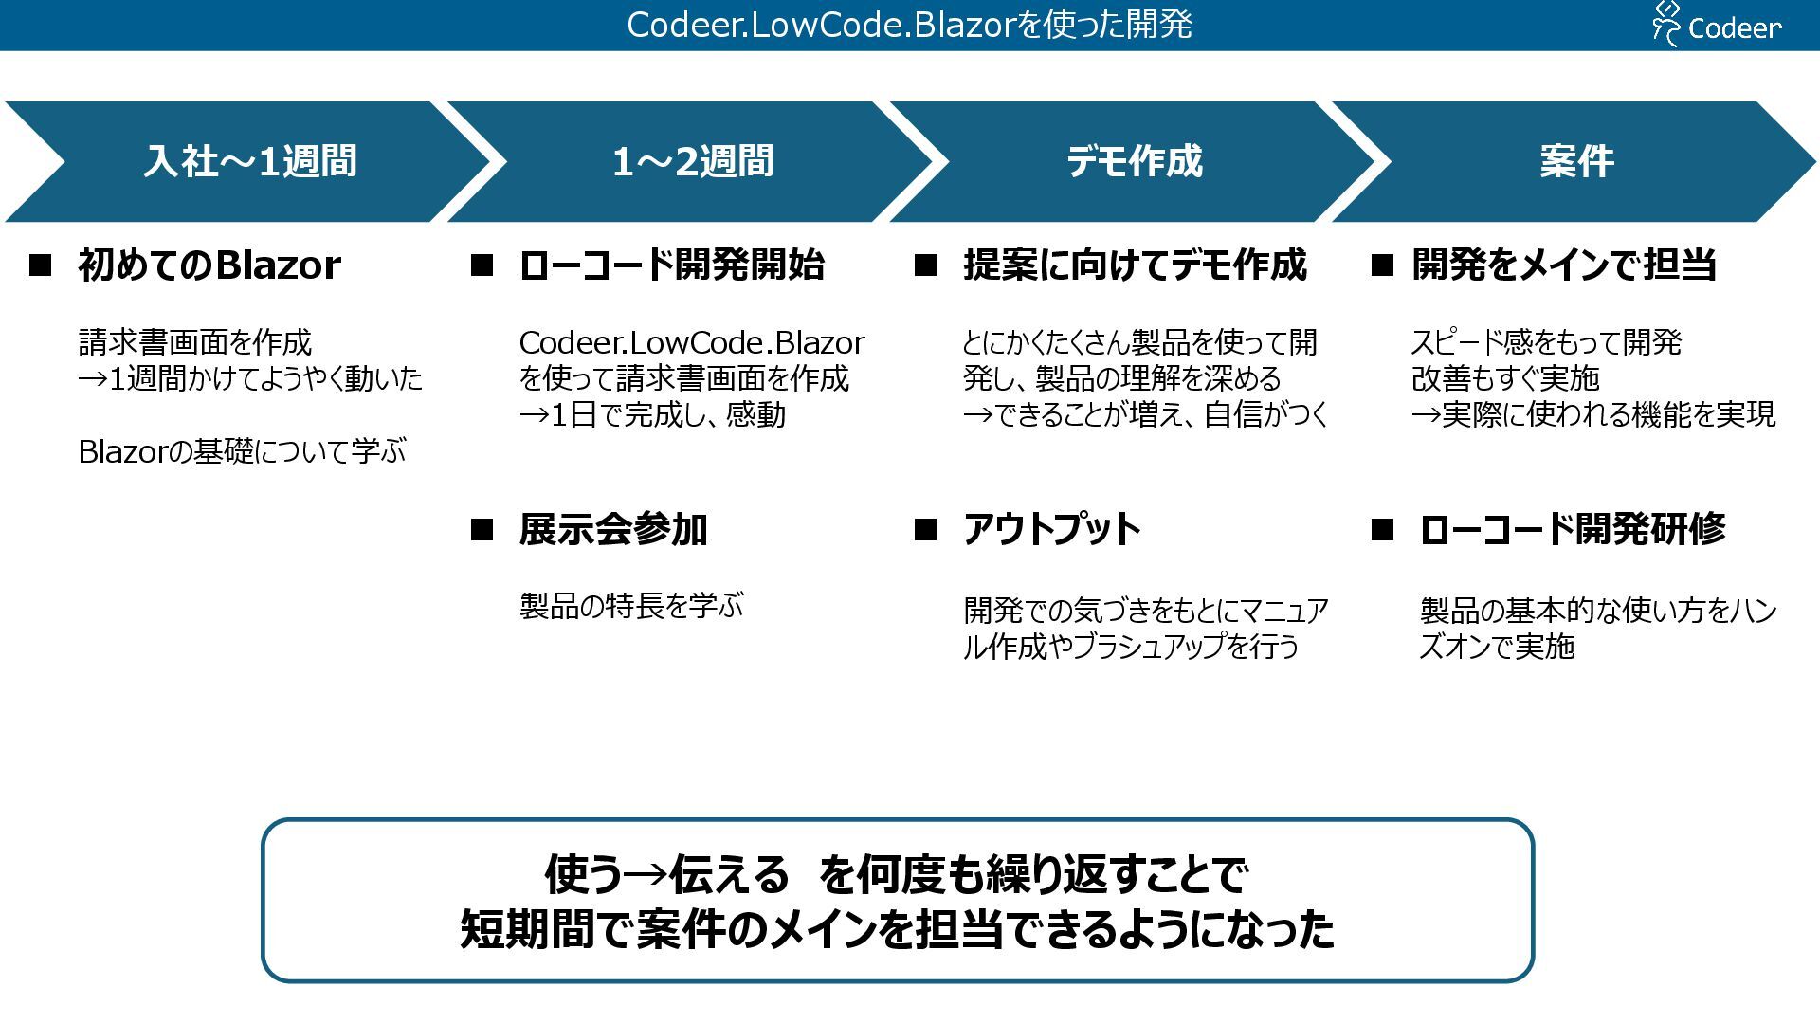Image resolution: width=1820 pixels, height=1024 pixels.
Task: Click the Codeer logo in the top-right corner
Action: [x=1717, y=25]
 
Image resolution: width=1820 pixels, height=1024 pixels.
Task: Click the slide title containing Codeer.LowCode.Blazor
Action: [x=909, y=25]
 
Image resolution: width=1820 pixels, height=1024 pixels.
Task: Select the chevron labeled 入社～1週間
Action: [x=249, y=161]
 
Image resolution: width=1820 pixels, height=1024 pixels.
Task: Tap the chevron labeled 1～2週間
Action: [x=693, y=161]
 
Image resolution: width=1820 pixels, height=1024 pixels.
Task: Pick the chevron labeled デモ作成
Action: [x=1134, y=161]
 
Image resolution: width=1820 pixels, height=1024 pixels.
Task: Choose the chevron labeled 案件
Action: [x=1576, y=161]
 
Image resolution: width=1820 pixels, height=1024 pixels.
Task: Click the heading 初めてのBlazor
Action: [x=209, y=265]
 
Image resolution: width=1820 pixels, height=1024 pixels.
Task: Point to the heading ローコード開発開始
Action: [x=672, y=265]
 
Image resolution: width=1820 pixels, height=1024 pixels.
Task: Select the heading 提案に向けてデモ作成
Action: [x=1135, y=265]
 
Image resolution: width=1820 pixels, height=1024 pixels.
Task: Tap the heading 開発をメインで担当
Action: [x=1564, y=265]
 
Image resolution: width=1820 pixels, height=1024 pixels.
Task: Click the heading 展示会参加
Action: [x=613, y=530]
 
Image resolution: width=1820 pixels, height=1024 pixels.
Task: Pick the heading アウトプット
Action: [x=1052, y=530]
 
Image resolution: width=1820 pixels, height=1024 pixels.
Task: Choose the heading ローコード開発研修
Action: [x=1573, y=530]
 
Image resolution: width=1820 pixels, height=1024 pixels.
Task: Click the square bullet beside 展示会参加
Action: [x=482, y=530]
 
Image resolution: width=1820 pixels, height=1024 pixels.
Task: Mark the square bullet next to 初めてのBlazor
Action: [x=41, y=265]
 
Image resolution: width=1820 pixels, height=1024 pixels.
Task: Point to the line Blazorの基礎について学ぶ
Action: [x=242, y=452]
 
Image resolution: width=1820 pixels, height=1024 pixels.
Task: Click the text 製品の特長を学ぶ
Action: [x=631, y=606]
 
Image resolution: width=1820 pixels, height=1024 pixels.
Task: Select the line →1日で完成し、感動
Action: [x=652, y=415]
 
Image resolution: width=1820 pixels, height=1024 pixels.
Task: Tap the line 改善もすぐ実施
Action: [x=1505, y=379]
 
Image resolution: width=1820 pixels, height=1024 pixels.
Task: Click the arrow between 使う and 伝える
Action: [x=646, y=875]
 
